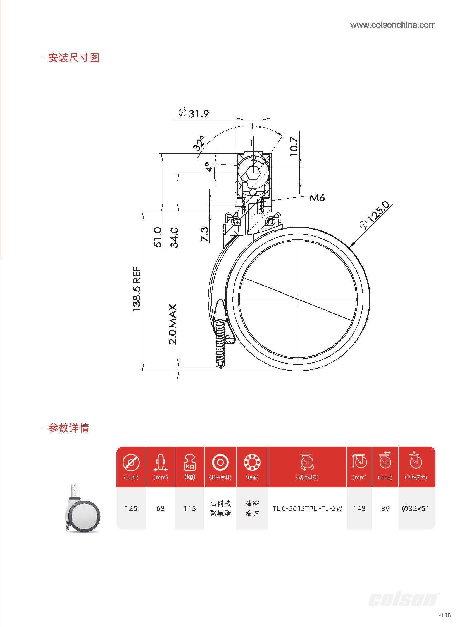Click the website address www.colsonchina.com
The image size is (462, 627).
tap(393, 25)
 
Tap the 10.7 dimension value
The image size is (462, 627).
tap(294, 146)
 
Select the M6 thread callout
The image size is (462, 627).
tap(317, 198)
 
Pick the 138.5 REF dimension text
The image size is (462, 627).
tap(137, 289)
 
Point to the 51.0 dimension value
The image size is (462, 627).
tap(158, 237)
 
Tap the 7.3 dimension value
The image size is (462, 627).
tap(204, 234)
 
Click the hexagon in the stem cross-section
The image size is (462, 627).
tap(253, 172)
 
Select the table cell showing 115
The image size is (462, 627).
tap(189, 508)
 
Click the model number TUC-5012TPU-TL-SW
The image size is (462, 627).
tap(307, 508)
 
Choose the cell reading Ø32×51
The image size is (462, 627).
tap(416, 508)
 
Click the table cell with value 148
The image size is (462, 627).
tap(359, 508)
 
